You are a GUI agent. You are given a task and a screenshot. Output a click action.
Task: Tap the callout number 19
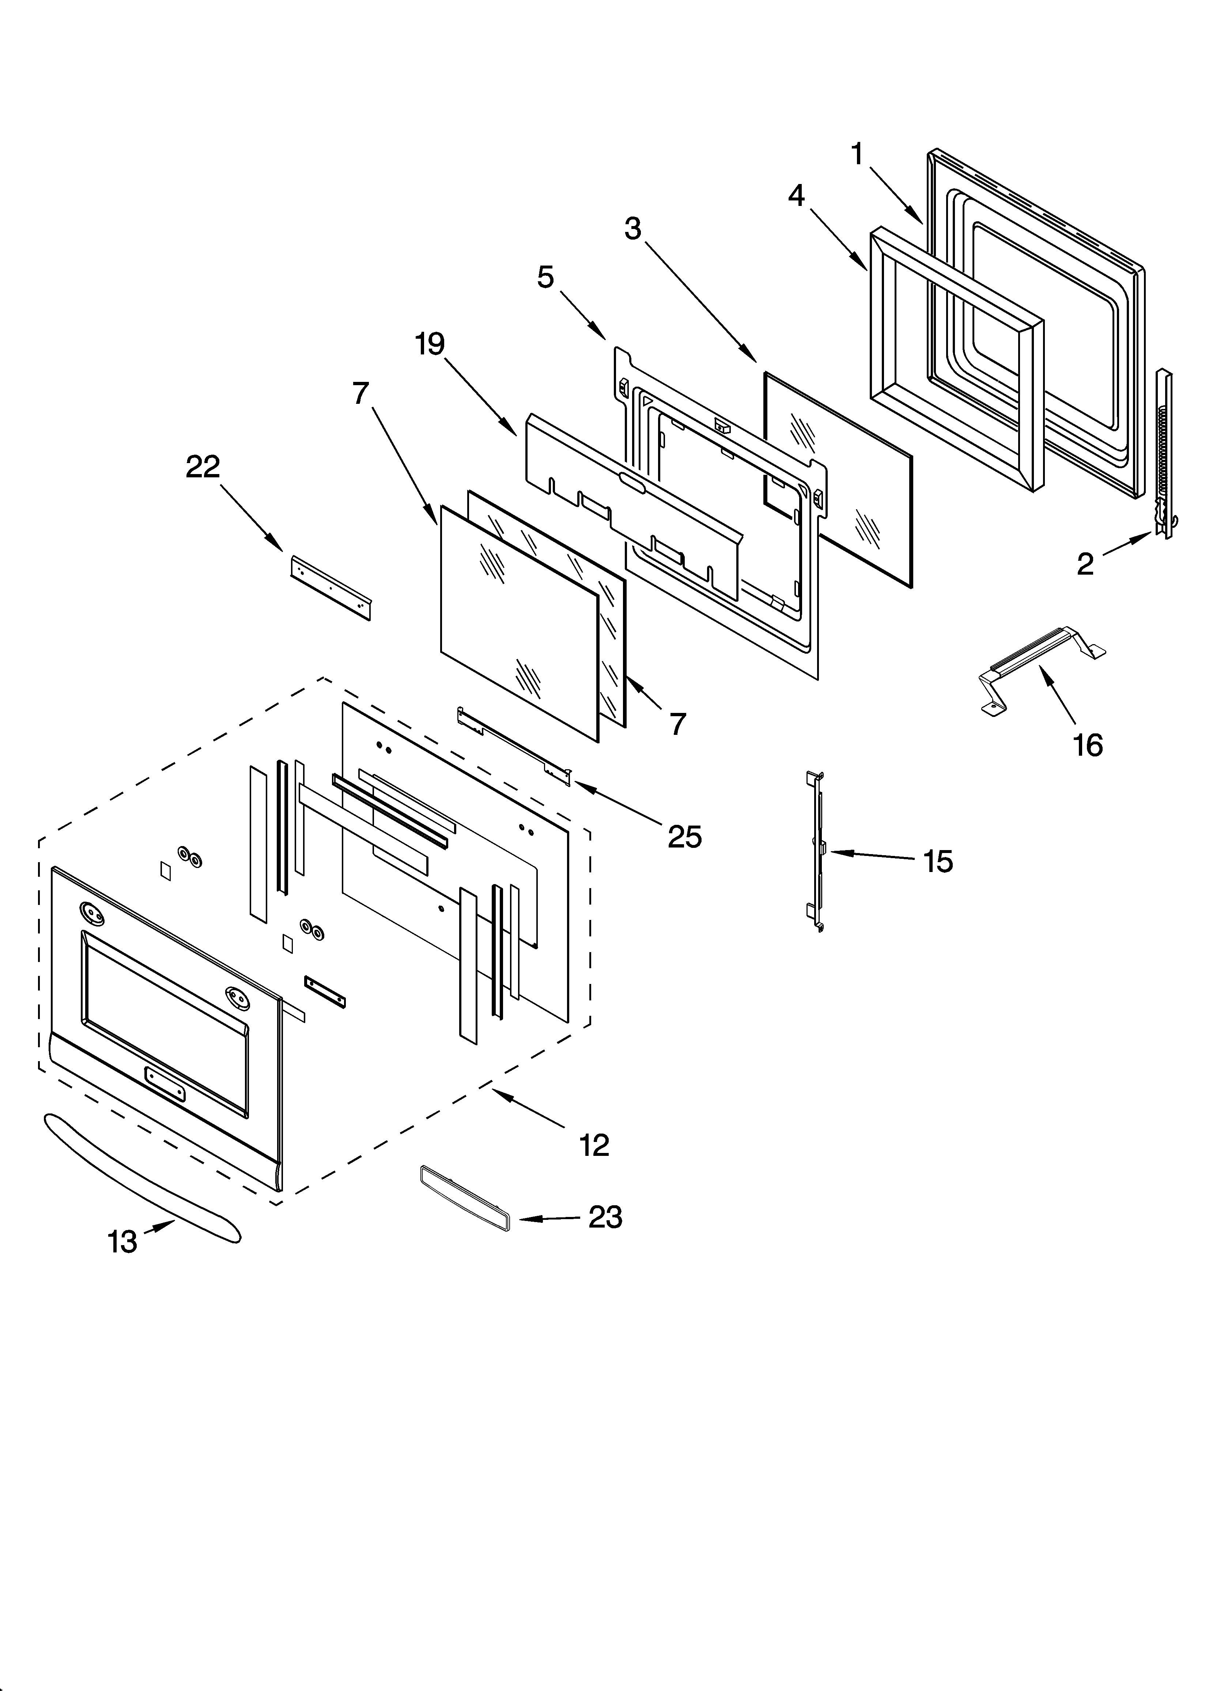coord(430,345)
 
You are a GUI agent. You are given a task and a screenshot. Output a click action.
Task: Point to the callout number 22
coord(203,467)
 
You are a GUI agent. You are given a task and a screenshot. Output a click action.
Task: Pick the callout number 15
coord(938,862)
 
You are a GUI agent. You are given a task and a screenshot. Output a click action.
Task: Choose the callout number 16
coord(1088,745)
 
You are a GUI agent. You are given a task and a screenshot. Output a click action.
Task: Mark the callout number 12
coord(594,1145)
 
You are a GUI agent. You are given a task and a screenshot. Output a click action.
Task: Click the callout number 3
coord(633,229)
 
